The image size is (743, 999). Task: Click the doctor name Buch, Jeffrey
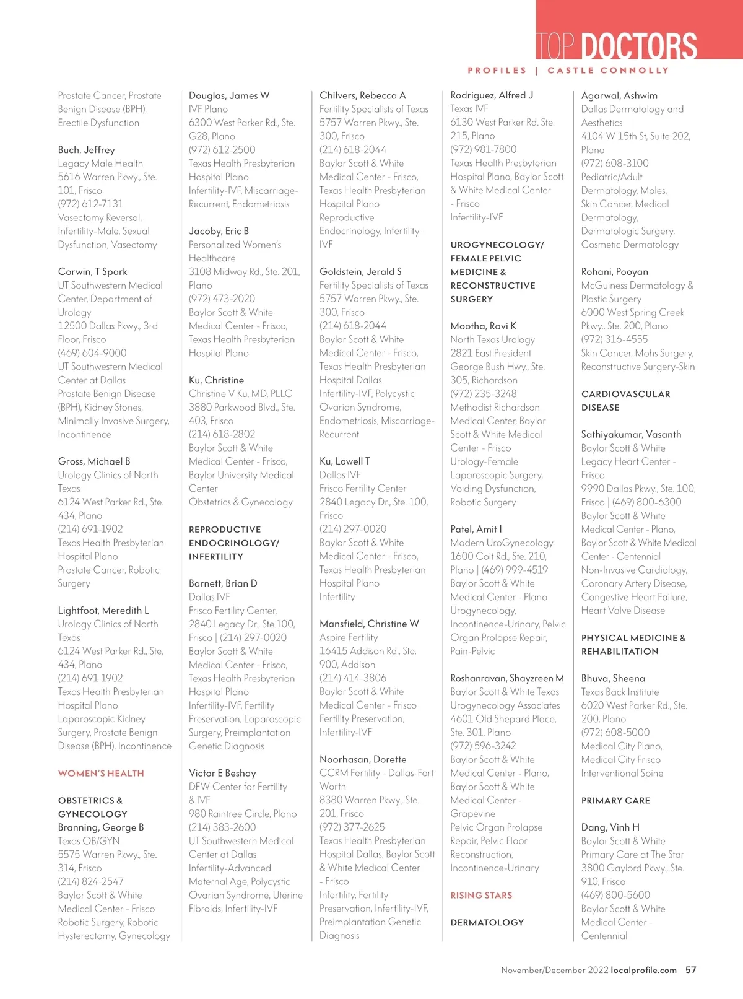86,150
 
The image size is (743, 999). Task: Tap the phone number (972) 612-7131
90,204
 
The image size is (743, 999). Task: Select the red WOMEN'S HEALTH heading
101,774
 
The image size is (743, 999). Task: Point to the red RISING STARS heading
481,896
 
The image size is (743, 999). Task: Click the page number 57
690,971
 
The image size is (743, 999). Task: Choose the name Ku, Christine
216,380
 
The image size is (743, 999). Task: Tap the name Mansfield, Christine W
369,624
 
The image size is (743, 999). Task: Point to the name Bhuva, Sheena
613,678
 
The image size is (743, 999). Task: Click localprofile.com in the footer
643,971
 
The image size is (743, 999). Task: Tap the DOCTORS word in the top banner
639,47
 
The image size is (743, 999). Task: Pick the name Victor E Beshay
222,773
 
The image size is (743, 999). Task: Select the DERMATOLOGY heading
487,923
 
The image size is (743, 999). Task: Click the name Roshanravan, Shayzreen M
506,678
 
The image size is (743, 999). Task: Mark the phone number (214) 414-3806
352,678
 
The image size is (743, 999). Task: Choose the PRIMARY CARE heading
615,801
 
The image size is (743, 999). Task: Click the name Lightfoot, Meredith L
103,611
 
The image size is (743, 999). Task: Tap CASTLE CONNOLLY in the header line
608,71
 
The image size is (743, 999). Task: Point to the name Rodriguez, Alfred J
492,95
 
